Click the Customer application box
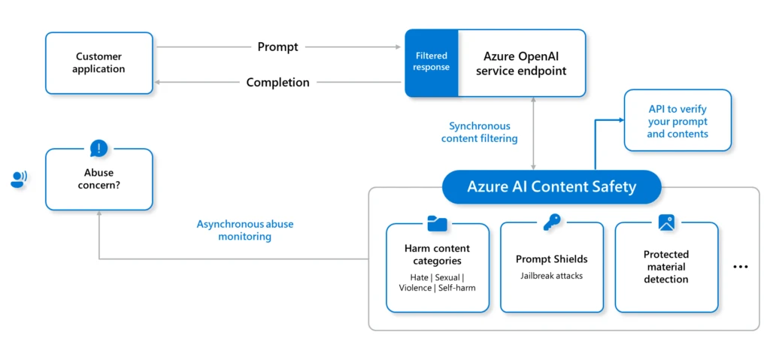(99, 62)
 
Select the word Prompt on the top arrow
(277, 47)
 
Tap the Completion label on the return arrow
(277, 83)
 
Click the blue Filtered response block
(432, 62)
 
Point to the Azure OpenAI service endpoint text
(521, 63)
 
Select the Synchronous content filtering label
(480, 132)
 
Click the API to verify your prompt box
(677, 121)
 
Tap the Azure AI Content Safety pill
(551, 187)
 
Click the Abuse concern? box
(99, 179)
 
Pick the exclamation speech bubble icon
(99, 148)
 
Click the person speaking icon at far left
(18, 179)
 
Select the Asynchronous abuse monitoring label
(245, 230)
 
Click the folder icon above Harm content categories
(437, 223)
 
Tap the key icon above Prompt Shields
(552, 222)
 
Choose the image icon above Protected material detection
(666, 222)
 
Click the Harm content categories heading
(437, 255)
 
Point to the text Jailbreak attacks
(551, 276)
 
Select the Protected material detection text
(665, 267)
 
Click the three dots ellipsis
(741, 267)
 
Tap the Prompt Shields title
(551, 259)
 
